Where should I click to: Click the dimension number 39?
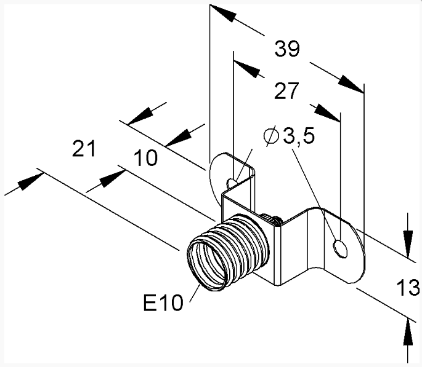tap(287, 49)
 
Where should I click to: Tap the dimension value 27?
tap(286, 91)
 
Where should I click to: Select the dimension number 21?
tap(84, 148)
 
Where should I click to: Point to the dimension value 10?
tap(145, 158)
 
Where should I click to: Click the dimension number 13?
tap(408, 288)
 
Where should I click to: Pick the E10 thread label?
tap(163, 302)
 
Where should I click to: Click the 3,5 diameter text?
tap(299, 135)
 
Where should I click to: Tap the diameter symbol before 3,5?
tap(271, 136)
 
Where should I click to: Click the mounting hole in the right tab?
tap(340, 250)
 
